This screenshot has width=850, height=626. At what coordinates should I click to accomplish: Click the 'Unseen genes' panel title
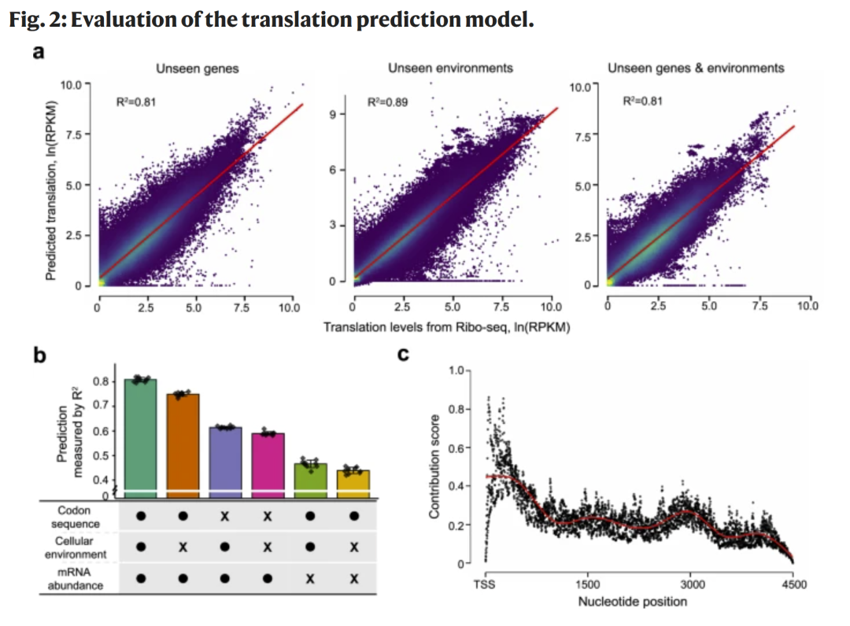pos(197,68)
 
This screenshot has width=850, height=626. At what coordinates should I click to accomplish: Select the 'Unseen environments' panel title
pos(450,68)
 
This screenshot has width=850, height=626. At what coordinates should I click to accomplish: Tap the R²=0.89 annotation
pos(387,101)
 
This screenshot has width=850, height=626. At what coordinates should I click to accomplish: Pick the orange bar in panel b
pos(183,441)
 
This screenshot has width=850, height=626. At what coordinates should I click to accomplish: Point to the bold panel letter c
pos(404,355)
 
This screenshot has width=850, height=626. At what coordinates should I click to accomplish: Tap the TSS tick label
pos(486,584)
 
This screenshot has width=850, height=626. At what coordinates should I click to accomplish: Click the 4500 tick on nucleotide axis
pos(792,584)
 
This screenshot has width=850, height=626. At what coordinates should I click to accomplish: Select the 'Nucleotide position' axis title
pos(632,602)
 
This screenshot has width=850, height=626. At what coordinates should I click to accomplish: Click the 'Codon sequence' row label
pos(76,517)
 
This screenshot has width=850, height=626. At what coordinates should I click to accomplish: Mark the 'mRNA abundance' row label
pos(76,579)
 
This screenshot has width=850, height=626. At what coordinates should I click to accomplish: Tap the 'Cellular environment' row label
pos(76,548)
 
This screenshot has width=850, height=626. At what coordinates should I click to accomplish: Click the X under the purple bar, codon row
pos(225,517)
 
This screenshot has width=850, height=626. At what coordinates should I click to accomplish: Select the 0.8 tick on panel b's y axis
pos(100,381)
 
